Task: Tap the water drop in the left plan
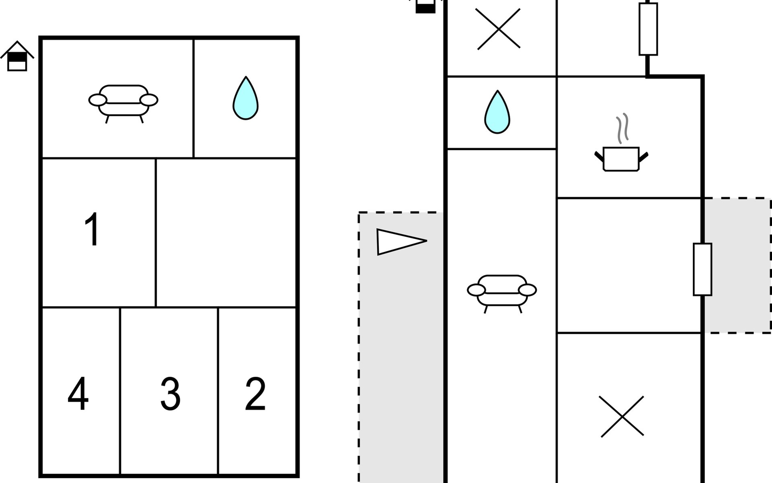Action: [245, 98]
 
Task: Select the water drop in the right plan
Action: [497, 112]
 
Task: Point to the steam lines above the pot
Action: [622, 128]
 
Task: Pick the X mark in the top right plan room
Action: [499, 29]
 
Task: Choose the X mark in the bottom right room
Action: [622, 416]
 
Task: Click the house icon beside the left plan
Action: [17, 56]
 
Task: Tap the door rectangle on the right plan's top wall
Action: [648, 29]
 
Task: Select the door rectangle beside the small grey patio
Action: [702, 269]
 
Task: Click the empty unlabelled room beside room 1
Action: [226, 233]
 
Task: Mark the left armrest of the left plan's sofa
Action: [98, 100]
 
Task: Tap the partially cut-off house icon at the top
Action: [425, 6]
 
